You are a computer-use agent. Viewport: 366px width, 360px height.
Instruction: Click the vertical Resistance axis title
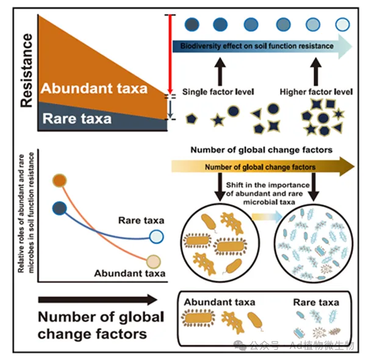(26, 70)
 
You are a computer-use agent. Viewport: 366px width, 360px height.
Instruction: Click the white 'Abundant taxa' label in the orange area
(94, 88)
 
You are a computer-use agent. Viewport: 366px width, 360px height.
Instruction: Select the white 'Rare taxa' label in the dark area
(77, 118)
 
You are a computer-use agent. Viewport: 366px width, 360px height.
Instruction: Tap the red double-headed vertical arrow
(170, 54)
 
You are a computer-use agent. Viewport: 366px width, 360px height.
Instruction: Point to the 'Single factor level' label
(218, 92)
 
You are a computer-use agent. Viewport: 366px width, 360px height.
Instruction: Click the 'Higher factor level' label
(316, 92)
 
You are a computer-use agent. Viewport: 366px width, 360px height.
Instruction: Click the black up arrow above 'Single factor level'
(220, 71)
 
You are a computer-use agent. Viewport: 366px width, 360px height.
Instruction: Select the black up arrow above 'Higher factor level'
(316, 71)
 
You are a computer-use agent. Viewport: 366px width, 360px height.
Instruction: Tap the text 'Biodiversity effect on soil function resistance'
(257, 46)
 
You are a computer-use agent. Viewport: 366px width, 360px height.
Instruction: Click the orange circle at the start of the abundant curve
(60, 181)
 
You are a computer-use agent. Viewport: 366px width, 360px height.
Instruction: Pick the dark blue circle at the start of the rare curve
(60, 208)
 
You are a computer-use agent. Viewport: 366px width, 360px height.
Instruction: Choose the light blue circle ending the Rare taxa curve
(156, 237)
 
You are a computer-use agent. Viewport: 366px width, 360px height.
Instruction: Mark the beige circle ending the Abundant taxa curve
(154, 262)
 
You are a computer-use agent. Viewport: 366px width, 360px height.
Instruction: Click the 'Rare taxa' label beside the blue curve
(142, 220)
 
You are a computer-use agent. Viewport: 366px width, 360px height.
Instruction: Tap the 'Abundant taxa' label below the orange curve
(130, 273)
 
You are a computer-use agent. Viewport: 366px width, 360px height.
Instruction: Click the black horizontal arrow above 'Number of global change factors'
(98, 300)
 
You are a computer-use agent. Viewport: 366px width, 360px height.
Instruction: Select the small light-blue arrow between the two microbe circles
(267, 217)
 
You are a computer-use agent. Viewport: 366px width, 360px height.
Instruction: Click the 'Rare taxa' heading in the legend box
(316, 302)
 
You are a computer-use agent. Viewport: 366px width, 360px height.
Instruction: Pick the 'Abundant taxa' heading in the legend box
(220, 302)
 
